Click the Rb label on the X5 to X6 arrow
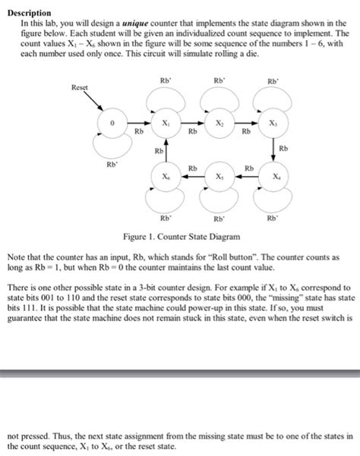(193, 168)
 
